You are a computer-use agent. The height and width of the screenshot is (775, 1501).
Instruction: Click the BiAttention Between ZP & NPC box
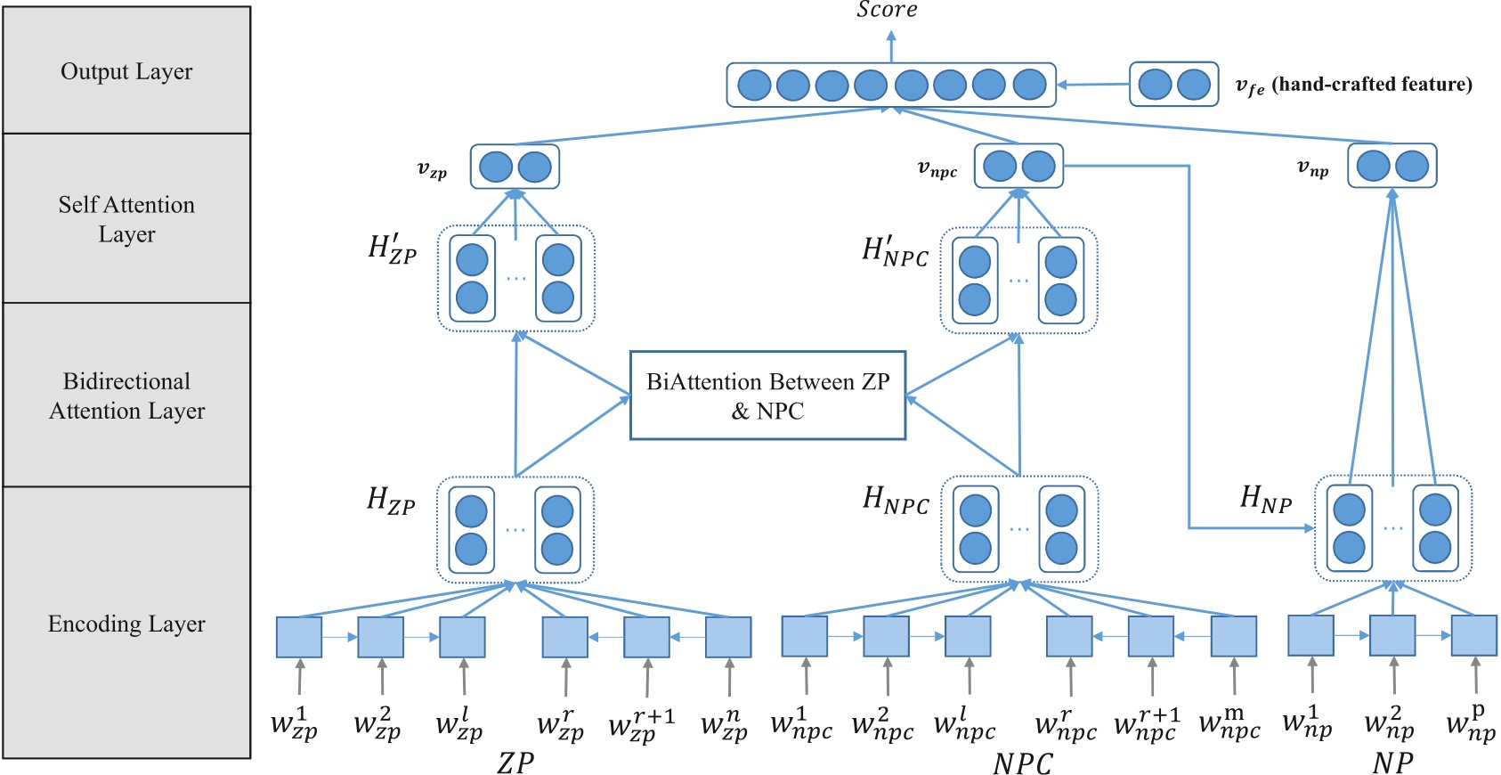767,396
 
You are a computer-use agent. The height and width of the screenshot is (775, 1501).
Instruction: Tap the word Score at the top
887,10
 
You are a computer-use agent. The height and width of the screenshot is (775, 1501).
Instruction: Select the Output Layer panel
126,70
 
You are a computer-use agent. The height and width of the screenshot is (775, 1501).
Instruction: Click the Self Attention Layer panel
126,218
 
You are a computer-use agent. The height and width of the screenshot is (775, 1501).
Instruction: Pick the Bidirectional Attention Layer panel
126,395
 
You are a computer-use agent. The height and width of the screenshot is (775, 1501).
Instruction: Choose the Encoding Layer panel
126,623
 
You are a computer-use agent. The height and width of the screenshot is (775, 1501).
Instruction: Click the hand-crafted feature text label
1371,85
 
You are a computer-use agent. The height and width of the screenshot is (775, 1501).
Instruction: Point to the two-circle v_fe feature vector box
1173,85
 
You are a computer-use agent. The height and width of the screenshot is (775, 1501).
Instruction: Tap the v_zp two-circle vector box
515,167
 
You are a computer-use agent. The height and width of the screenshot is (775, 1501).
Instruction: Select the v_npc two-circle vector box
1018,166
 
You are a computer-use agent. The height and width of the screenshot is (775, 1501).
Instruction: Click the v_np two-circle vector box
1391,166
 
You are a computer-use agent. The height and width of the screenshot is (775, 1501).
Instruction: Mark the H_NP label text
1265,500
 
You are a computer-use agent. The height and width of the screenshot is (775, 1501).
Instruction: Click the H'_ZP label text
392,249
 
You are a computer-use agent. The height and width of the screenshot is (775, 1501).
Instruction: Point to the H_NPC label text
896,501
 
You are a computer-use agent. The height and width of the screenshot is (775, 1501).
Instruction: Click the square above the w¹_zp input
299,637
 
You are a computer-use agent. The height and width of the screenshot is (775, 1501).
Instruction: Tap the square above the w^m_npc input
1234,637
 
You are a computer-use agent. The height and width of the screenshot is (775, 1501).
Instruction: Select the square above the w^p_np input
1474,636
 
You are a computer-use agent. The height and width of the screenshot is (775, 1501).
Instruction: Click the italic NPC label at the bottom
1022,763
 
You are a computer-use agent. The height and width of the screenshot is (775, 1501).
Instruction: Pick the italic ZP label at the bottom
515,763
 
